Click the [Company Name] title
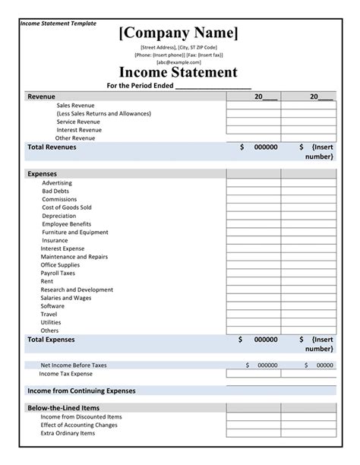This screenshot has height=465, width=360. [x=178, y=33]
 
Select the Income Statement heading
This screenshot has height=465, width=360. [x=178, y=73]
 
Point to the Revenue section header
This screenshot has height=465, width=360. [x=41, y=97]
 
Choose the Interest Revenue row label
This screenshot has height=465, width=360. [x=79, y=130]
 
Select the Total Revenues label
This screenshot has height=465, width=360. [x=52, y=147]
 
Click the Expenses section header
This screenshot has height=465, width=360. [x=43, y=174]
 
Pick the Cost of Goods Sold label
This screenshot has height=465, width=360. [x=67, y=207]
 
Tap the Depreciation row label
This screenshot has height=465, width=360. [x=59, y=216]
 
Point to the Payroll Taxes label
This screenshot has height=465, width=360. [x=58, y=273]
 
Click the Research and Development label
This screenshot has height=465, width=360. [x=77, y=289]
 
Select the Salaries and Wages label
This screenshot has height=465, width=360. [x=67, y=298]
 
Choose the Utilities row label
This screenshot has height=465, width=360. [x=51, y=322]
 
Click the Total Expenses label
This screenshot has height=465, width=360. [x=51, y=340]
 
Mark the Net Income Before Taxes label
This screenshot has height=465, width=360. [x=74, y=365]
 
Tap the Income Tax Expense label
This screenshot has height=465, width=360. [x=66, y=374]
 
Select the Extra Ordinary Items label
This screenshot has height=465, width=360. [x=68, y=433]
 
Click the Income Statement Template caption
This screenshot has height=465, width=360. [x=58, y=24]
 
